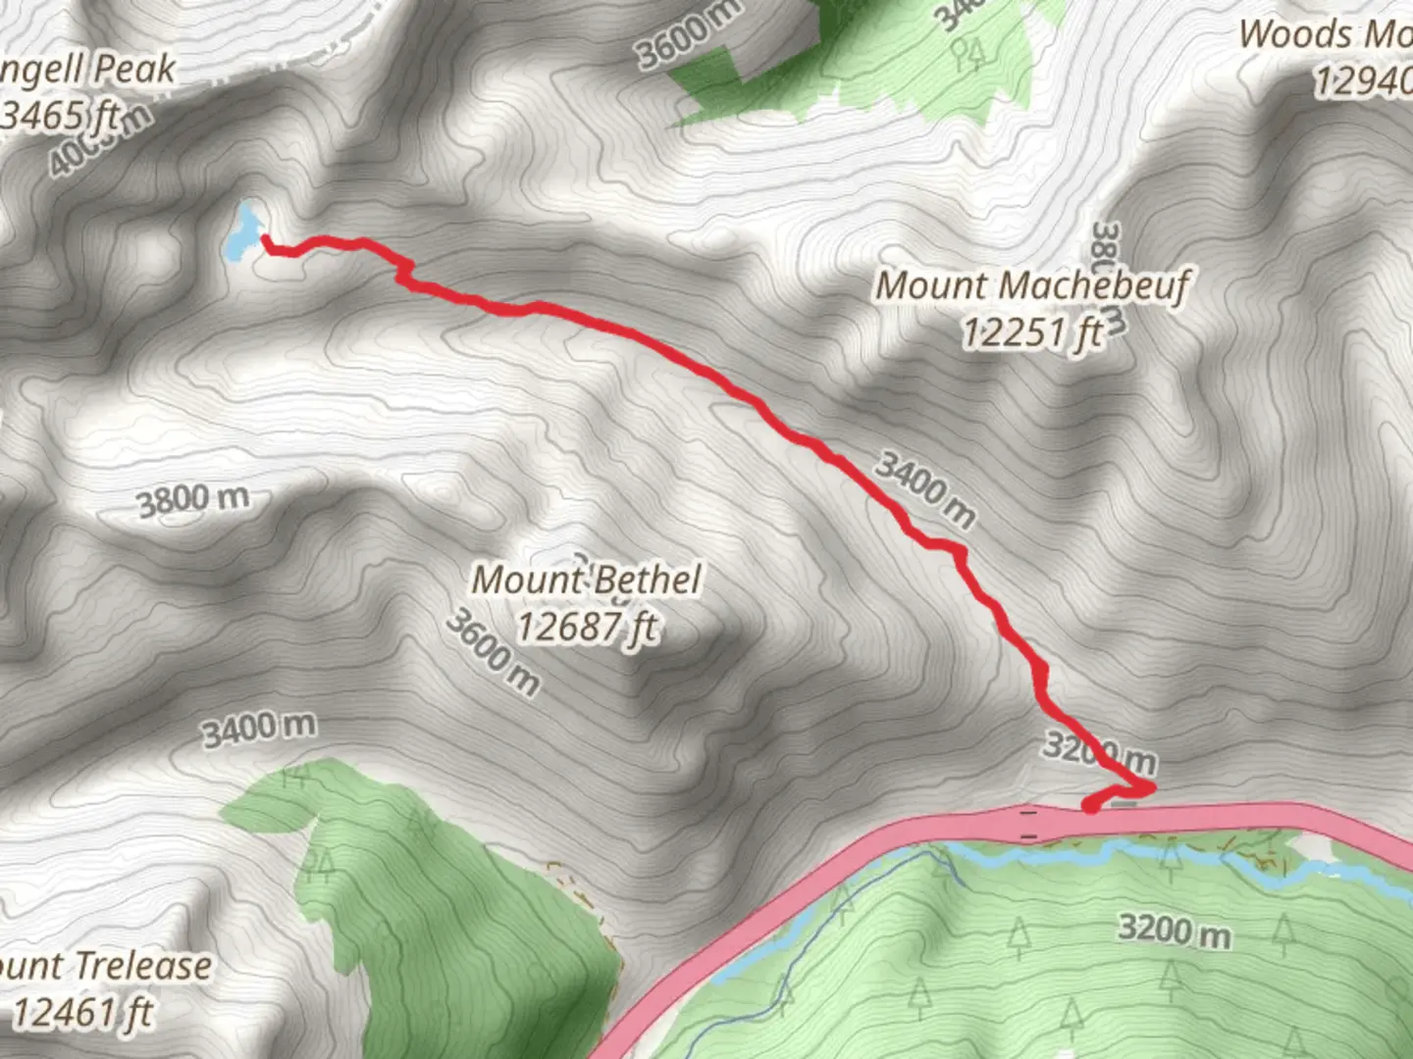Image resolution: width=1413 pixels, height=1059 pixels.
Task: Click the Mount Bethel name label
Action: pyautogui.click(x=586, y=580)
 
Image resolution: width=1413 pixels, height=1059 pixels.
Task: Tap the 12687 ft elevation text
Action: pyautogui.click(x=586, y=626)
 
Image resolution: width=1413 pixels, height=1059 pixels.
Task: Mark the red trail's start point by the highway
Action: pyautogui.click(x=1090, y=806)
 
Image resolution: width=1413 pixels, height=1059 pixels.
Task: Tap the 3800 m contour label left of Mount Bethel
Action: pyautogui.click(x=192, y=500)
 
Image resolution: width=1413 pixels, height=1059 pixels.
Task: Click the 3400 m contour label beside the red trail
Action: pyautogui.click(x=924, y=488)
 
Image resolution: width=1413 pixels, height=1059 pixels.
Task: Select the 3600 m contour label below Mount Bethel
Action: pyautogui.click(x=492, y=652)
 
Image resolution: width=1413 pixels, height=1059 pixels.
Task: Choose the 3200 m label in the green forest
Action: pyautogui.click(x=1174, y=929)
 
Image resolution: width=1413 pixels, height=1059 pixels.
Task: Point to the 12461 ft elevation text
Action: pyautogui.click(x=82, y=1012)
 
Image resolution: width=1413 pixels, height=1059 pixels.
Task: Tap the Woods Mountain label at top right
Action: pyautogui.click(x=1325, y=35)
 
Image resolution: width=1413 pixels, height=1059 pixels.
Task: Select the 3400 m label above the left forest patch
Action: pyautogui.click(x=259, y=729)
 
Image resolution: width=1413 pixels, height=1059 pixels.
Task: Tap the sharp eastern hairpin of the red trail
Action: pyautogui.click(x=1150, y=786)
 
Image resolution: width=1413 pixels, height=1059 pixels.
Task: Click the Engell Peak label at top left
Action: pyautogui.click(x=88, y=71)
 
